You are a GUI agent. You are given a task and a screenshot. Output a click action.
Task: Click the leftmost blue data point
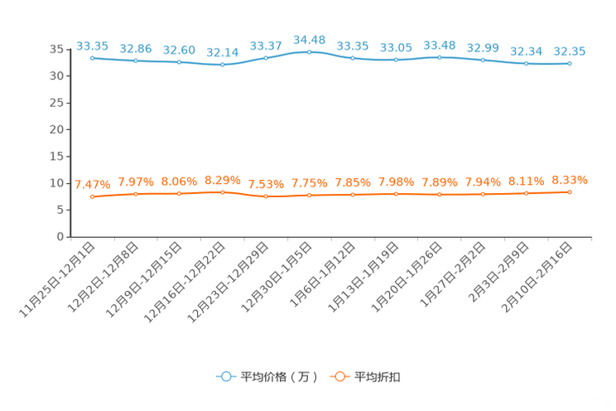[92, 58]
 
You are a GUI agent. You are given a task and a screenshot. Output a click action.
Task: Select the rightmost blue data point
[570, 63]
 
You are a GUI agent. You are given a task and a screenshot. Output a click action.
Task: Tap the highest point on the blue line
[309, 51]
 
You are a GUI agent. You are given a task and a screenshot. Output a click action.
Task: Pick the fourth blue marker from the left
[222, 65]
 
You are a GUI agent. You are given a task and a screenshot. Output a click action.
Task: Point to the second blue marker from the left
[135, 60]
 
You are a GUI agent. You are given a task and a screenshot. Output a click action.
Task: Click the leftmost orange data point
[92, 196]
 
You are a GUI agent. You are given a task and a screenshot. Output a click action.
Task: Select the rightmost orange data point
[570, 191]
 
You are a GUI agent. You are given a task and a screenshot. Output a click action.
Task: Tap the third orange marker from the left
[179, 193]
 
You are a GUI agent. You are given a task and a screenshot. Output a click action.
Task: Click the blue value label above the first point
[92, 45]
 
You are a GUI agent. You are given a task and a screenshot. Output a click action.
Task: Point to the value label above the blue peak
[309, 38]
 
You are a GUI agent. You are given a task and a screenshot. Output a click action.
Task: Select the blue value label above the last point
[570, 51]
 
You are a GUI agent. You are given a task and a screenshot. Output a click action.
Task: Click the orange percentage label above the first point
[92, 184]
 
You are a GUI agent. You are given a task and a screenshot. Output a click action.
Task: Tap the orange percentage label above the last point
[570, 179]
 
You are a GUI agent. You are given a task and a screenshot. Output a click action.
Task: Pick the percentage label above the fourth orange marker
[222, 179]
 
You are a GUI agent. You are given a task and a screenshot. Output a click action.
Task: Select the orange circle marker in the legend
[339, 376]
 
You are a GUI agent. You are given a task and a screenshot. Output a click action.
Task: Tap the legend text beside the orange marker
[377, 377]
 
